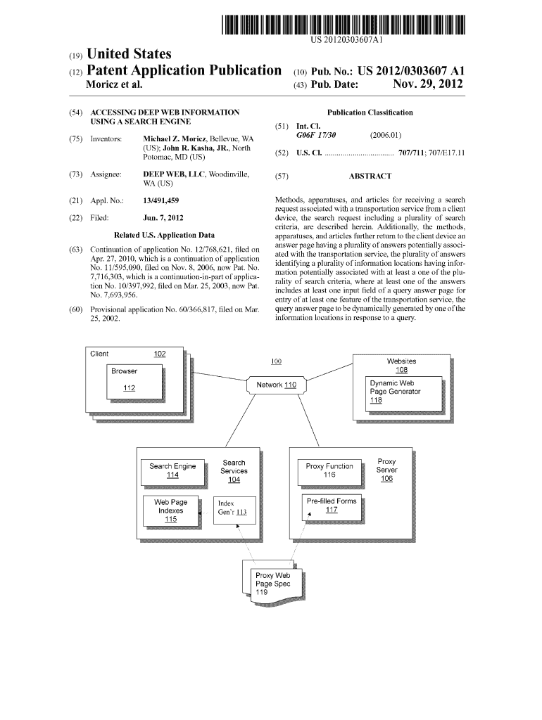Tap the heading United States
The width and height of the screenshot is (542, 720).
tap(127, 54)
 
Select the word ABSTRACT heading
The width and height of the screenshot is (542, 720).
tap(370, 176)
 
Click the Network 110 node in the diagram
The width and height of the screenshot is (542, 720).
tap(276, 385)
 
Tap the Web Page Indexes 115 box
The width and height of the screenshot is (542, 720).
tap(170, 510)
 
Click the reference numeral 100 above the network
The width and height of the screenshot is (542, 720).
tap(276, 361)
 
